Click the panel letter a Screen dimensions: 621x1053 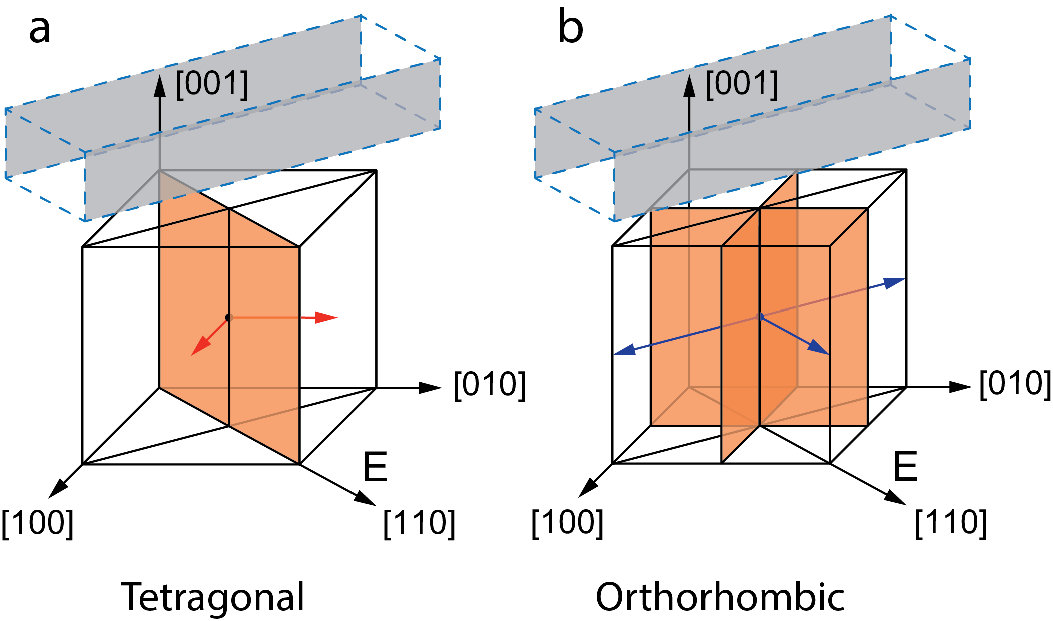coord(40,30)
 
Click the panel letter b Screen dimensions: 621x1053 coord(570,28)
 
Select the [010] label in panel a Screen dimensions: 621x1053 coord(490,385)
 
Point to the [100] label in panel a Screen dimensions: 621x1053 coord(38,523)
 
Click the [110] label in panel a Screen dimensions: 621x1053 coord(419,523)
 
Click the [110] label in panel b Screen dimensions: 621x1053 coord(951,523)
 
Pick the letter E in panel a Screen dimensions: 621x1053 coord(375,467)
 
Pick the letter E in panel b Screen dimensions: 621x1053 coord(905,467)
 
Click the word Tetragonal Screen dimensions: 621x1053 coord(212,597)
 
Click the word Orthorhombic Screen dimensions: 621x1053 coord(720,597)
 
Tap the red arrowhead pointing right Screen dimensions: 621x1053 coord(328,317)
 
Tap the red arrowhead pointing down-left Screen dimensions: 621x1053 coord(199,347)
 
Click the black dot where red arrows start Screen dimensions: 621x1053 coord(229,317)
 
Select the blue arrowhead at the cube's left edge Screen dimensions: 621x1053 coord(624,350)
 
